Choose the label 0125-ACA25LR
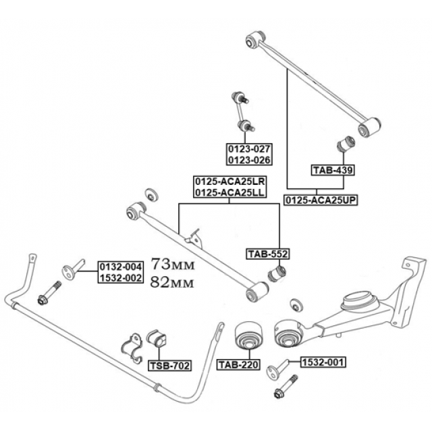click(x=230, y=182)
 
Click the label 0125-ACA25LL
click(x=230, y=192)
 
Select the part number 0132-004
click(x=121, y=267)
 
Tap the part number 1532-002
click(x=121, y=277)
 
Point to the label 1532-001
click(x=322, y=362)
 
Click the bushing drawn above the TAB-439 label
click(x=346, y=144)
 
